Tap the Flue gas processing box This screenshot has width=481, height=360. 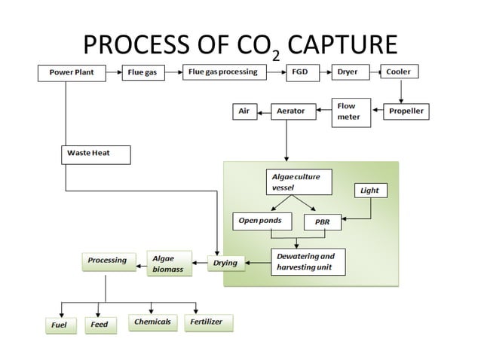(223, 73)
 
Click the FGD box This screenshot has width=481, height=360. (299, 73)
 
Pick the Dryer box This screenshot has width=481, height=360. (348, 73)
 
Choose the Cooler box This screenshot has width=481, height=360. (399, 73)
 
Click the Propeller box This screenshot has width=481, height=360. (406, 111)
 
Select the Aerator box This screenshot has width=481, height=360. (291, 111)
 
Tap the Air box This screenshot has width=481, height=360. (243, 111)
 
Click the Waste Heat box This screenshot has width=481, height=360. (95, 154)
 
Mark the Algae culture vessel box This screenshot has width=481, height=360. (296, 182)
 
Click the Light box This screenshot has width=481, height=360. (370, 191)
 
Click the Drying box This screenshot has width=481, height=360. (225, 263)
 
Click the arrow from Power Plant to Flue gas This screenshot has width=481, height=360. (114, 74)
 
